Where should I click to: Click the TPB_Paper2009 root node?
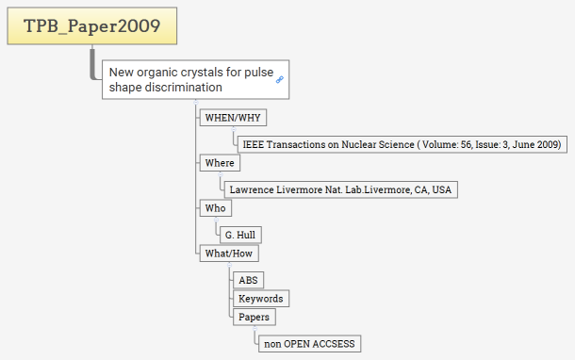92,25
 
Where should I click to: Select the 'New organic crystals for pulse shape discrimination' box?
195,79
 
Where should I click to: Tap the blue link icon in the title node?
280,79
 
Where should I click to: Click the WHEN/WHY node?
233,118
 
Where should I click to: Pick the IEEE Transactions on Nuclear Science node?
402,144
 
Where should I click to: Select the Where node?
220,163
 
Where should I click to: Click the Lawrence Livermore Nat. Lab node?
340,190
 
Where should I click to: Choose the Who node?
215,208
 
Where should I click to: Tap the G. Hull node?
240,235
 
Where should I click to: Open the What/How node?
229,254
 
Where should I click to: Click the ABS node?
248,281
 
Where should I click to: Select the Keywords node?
261,299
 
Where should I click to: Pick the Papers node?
255,317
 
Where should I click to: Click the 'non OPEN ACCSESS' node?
309,344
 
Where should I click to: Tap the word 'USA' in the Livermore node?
441,190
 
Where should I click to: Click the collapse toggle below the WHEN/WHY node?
233,129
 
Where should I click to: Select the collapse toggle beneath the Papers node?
255,329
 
